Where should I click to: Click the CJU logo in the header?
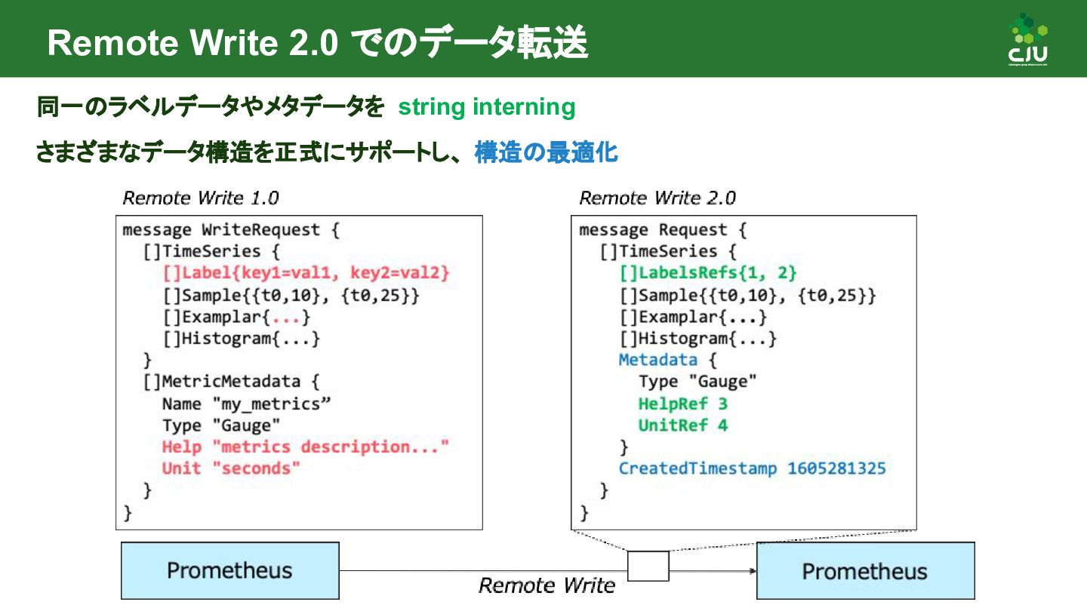click(1028, 41)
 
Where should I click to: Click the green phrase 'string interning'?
click(486, 107)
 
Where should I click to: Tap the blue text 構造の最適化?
click(546, 153)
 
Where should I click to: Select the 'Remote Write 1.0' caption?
click(200, 198)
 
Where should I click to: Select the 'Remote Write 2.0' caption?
click(657, 198)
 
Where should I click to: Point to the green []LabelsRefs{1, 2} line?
click(708, 272)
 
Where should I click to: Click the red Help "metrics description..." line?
click(305, 447)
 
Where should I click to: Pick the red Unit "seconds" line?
click(231, 468)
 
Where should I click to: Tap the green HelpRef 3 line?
click(682, 404)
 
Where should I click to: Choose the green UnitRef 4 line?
click(682, 425)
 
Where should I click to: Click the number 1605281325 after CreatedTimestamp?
click(836, 468)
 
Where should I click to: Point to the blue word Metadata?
click(657, 360)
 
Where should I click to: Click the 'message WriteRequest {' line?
click(231, 230)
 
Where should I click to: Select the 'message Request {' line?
click(663, 230)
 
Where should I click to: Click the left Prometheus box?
click(229, 570)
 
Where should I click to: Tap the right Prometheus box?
click(865, 571)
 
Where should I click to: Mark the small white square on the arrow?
click(648, 566)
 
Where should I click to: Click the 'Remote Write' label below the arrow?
click(547, 585)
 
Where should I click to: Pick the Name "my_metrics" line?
click(246, 404)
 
